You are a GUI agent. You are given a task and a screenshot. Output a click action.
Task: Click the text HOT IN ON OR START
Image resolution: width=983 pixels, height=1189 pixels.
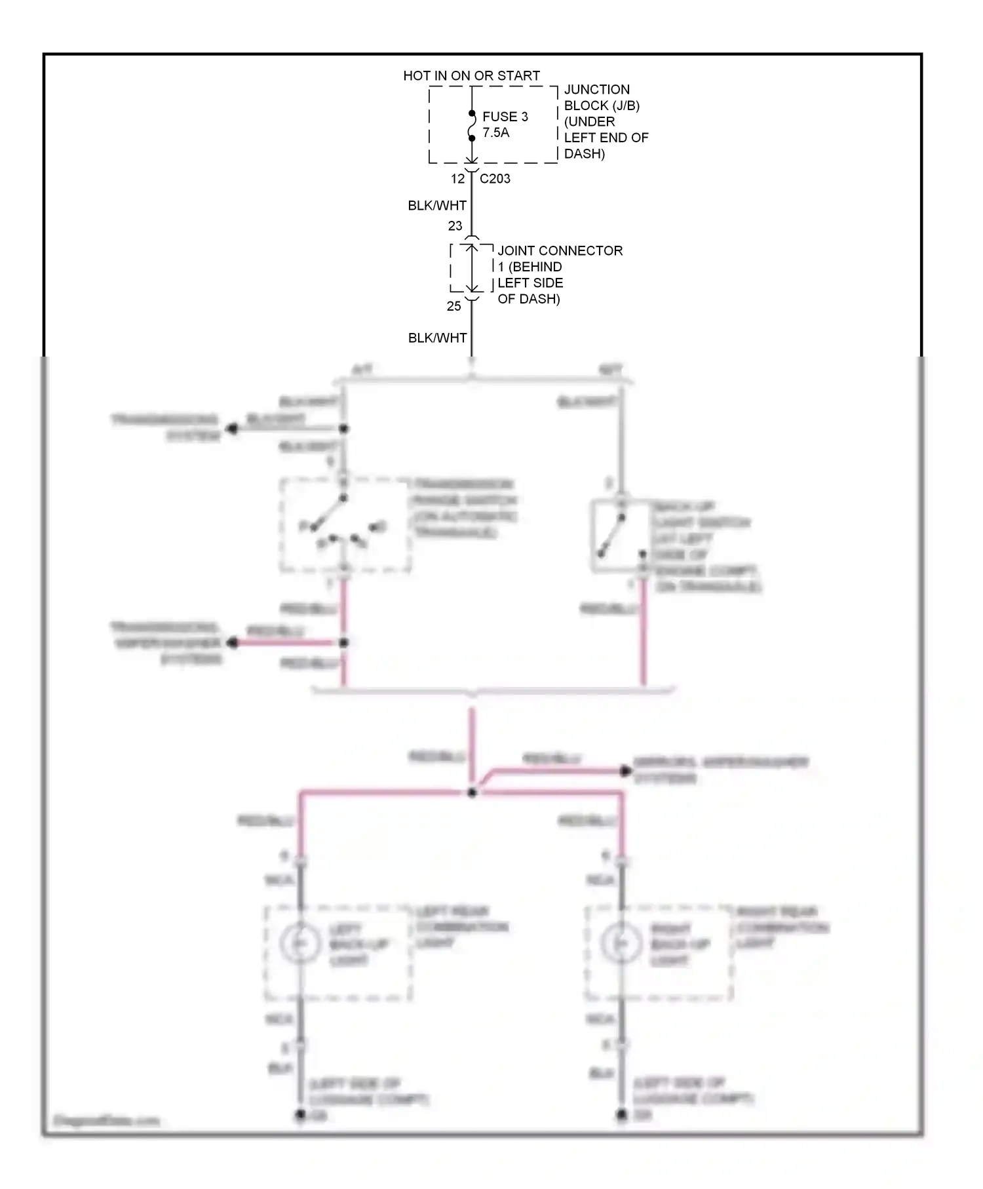click(471, 76)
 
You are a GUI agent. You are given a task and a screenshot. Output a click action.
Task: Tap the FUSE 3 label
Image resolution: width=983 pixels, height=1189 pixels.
click(505, 117)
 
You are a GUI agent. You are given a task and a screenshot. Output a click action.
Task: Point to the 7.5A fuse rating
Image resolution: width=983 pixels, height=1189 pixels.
click(495, 132)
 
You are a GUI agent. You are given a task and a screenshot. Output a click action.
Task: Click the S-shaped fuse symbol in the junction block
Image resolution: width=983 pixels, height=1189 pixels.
click(471, 126)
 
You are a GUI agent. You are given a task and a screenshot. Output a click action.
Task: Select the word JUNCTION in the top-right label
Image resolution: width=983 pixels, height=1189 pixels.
click(596, 90)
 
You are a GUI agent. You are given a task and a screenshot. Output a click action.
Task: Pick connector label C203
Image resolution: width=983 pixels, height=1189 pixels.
click(495, 178)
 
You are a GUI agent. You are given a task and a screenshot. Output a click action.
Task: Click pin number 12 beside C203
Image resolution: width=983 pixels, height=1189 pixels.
click(457, 178)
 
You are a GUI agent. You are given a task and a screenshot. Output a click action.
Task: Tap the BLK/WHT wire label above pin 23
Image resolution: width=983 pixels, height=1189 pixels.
click(437, 206)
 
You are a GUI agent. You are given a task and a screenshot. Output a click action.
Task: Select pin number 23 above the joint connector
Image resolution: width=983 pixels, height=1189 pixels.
click(455, 226)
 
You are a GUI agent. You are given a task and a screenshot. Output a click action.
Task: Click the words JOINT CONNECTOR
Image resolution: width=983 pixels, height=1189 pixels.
click(560, 251)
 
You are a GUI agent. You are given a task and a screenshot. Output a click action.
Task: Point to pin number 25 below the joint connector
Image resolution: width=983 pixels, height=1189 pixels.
click(453, 306)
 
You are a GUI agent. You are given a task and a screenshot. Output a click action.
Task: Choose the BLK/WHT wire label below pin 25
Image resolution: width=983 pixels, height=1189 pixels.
click(437, 338)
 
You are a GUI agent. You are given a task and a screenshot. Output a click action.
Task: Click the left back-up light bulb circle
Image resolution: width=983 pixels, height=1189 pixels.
click(299, 943)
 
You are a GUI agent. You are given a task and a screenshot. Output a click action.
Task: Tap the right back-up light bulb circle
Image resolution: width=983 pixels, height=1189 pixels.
click(621, 943)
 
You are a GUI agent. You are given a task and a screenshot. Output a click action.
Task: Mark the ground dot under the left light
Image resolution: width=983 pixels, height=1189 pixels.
click(299, 1115)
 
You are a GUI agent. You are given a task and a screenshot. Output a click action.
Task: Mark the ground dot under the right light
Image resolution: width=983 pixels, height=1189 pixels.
click(621, 1115)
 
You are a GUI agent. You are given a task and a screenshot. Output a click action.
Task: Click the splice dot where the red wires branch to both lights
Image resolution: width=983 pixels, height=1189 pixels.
click(472, 792)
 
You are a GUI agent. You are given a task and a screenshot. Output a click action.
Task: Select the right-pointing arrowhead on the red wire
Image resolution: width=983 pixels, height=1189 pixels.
click(626, 771)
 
